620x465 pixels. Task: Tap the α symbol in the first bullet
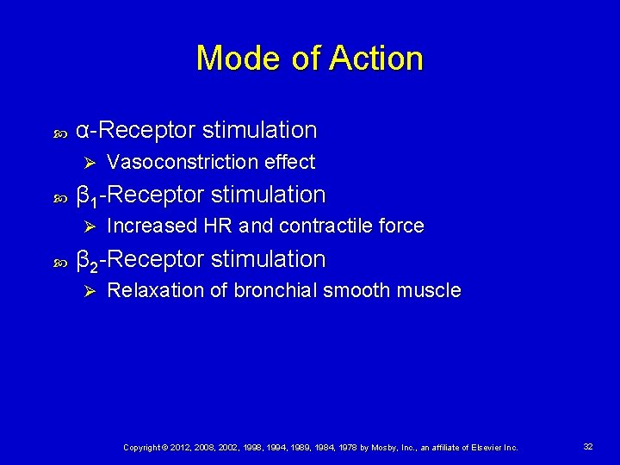pyautogui.click(x=84, y=131)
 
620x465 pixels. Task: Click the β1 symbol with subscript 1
pyautogui.click(x=87, y=196)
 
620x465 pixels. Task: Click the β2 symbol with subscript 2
pyautogui.click(x=87, y=261)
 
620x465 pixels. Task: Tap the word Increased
pyautogui.click(x=152, y=226)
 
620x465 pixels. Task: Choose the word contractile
pyautogui.click(x=326, y=226)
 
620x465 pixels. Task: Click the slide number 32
pyautogui.click(x=588, y=447)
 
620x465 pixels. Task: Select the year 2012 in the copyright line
pyautogui.click(x=179, y=448)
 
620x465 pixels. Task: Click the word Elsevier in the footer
pyautogui.click(x=482, y=448)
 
